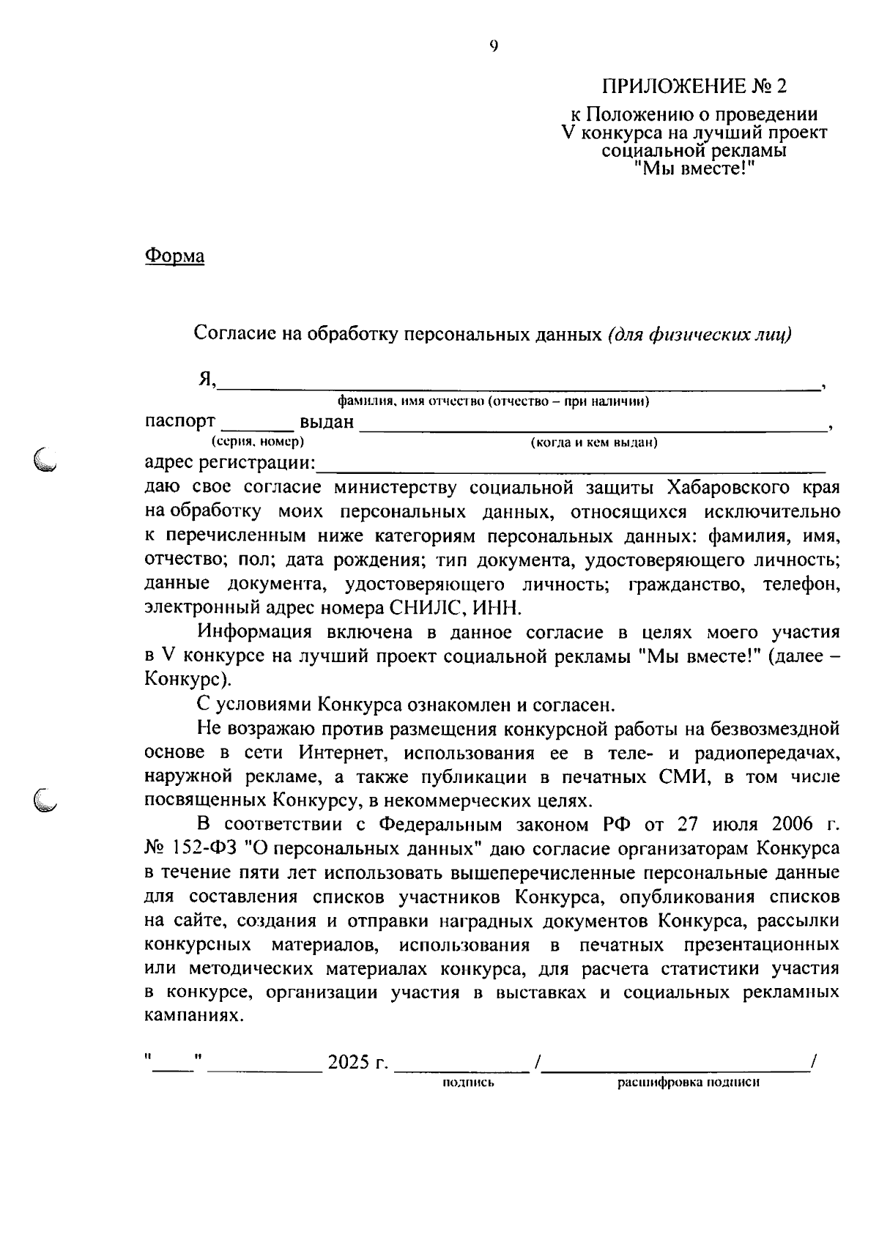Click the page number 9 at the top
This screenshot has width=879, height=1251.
(x=493, y=47)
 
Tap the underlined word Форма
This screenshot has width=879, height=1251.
(x=174, y=256)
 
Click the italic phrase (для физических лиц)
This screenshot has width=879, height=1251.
(x=700, y=334)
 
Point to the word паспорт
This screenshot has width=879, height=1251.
(x=180, y=421)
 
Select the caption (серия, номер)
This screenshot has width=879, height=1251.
(x=258, y=442)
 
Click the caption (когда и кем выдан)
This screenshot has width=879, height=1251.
(x=593, y=442)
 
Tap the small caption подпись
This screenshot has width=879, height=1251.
(x=469, y=1083)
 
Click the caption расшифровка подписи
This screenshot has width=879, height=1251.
(x=688, y=1083)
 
